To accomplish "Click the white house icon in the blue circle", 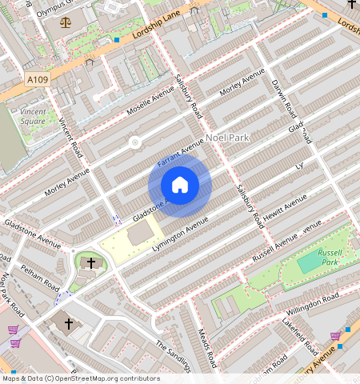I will [180, 186].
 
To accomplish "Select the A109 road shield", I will [37, 80].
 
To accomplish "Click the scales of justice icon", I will [65, 22].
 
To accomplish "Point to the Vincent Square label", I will [33, 116].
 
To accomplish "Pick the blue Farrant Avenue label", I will [180, 151].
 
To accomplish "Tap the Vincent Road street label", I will [71, 138].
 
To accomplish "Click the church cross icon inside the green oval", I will [90, 262].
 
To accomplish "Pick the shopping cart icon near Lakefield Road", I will [335, 337].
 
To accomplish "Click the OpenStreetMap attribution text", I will [80, 378].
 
